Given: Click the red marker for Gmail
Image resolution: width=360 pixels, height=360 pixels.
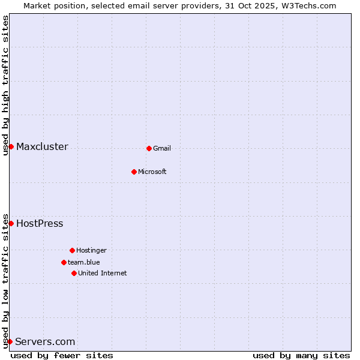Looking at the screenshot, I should [x=149, y=148].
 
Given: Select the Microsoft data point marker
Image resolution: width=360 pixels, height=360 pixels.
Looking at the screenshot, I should [x=134, y=172].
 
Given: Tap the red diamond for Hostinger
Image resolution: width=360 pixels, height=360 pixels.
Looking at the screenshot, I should [x=72, y=250].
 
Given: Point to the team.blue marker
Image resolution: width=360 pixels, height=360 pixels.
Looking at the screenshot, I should [x=64, y=262].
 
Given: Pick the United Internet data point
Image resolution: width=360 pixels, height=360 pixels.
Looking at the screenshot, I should [x=74, y=273].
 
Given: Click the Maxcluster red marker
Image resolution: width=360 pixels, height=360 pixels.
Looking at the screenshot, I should [x=11, y=146].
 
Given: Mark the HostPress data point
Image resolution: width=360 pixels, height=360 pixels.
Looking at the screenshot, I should [x=11, y=223].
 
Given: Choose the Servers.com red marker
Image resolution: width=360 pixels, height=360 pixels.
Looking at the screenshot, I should [x=10, y=341].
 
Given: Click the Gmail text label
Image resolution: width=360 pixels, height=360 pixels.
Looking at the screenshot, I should [x=162, y=148].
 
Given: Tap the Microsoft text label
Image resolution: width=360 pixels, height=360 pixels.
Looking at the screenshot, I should [x=152, y=172].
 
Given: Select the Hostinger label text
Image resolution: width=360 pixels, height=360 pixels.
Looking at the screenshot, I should [x=91, y=250].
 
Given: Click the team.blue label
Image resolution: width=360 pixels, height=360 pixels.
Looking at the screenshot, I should [x=84, y=262].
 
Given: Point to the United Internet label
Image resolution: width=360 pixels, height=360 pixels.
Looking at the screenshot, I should [x=103, y=273].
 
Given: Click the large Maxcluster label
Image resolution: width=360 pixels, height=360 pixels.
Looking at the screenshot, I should [x=42, y=146].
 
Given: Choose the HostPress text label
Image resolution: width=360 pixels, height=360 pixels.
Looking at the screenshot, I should [x=40, y=223].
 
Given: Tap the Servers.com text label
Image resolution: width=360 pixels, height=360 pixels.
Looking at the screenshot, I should [x=45, y=341].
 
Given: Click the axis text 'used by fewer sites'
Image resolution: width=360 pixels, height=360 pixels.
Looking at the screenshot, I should [x=62, y=355].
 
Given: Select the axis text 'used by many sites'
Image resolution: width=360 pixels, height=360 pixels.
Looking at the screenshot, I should [x=301, y=355].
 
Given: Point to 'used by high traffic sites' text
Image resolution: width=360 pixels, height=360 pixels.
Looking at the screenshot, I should [x=5, y=85].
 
